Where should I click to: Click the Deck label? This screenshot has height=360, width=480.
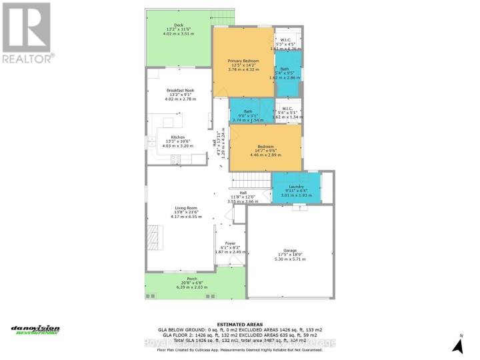[x=179, y=25]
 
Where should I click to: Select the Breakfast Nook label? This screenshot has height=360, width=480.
[x=180, y=90]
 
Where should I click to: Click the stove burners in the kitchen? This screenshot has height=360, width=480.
[x=176, y=159]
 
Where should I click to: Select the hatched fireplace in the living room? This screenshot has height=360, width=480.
[x=155, y=236]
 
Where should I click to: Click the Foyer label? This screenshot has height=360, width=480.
[x=230, y=243]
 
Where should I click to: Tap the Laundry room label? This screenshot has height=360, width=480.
[x=297, y=187]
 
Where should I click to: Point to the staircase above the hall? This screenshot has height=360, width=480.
[x=251, y=179]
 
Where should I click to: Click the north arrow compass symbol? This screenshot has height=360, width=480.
[x=457, y=344]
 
